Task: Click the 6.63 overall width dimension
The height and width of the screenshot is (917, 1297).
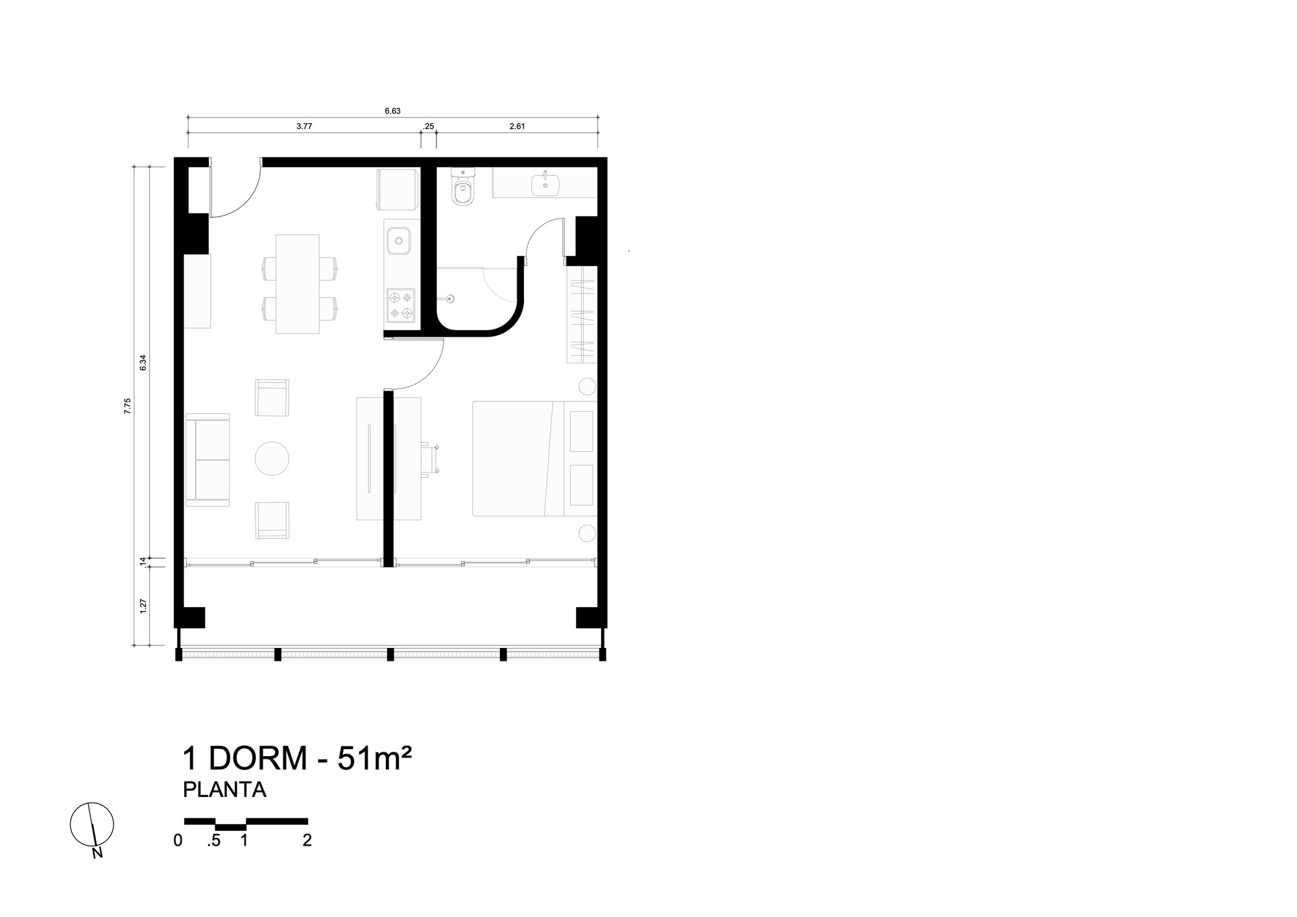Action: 392,111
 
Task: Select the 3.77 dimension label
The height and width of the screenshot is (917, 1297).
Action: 304,126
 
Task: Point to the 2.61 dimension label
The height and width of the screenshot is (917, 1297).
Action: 517,126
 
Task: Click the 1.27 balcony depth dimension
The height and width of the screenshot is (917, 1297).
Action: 143,606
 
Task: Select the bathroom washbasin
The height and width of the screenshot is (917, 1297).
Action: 545,184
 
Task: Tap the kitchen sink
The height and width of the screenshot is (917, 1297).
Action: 398,241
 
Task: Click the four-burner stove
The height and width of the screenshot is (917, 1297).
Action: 400,305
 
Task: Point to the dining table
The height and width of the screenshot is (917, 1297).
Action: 298,284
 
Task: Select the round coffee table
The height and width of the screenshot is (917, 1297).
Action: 272,459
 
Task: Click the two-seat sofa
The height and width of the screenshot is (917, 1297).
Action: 208,459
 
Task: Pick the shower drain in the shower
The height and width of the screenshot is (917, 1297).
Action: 451,299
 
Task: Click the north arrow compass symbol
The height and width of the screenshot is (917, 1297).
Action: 92,825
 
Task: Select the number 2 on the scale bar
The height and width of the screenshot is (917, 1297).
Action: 307,840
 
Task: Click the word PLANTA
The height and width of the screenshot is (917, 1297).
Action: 224,790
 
